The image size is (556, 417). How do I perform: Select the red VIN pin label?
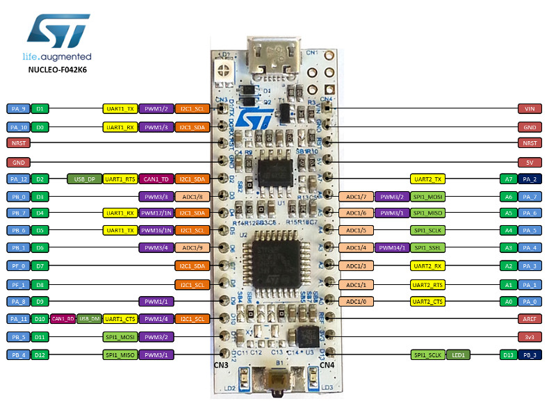(x=530, y=109)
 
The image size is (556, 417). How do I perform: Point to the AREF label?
(x=530, y=318)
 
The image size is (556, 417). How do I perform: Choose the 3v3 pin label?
(x=530, y=336)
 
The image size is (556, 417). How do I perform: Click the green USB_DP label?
(x=84, y=179)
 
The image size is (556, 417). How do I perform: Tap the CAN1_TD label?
(x=156, y=179)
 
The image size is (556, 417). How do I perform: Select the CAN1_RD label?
(x=63, y=318)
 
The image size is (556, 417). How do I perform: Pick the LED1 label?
(x=458, y=354)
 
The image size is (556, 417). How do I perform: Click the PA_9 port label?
(x=18, y=109)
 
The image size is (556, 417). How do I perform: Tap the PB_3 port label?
(x=531, y=354)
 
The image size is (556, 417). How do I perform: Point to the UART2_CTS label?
(x=427, y=301)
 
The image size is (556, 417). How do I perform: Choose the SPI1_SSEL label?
(x=427, y=247)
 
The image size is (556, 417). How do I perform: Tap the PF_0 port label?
(x=18, y=265)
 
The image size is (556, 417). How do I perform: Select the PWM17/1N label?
(x=156, y=213)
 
